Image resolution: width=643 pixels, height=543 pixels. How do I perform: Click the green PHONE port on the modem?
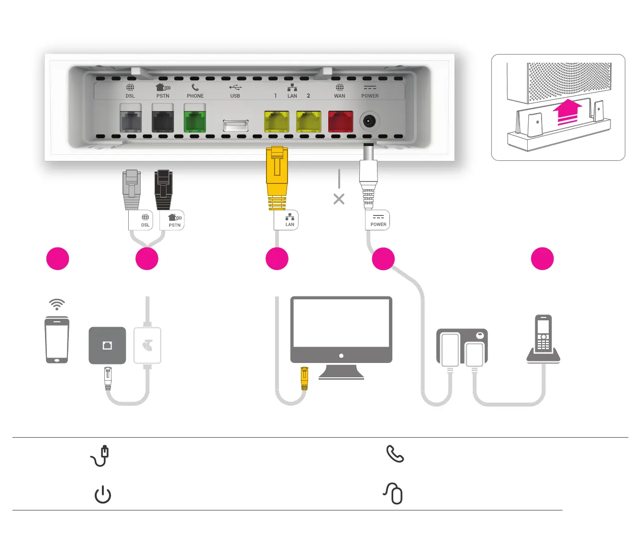[195, 121]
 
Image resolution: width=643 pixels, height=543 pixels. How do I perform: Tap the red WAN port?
[340, 121]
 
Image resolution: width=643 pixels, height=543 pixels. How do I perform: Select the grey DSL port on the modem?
[131, 121]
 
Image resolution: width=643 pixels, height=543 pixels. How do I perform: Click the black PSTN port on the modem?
[163, 121]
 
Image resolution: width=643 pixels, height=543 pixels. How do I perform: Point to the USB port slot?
[235, 125]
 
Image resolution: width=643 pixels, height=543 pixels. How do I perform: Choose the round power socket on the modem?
[368, 121]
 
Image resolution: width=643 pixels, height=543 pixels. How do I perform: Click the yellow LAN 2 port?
[309, 121]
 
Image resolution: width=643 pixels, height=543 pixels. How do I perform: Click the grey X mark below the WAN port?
[339, 199]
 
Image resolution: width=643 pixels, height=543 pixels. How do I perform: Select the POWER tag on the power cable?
[378, 220]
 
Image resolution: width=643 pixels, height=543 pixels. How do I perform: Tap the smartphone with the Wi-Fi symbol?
[57, 339]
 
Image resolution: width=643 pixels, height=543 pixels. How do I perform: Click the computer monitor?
[341, 330]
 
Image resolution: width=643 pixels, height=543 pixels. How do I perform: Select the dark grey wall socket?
[108, 345]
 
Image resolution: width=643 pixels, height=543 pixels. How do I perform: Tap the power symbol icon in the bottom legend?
[103, 495]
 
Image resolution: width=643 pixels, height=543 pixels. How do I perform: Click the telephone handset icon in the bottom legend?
[395, 453]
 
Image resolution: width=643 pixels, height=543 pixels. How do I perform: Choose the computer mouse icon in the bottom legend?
[394, 493]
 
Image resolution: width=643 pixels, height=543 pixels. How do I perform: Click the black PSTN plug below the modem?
[163, 189]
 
